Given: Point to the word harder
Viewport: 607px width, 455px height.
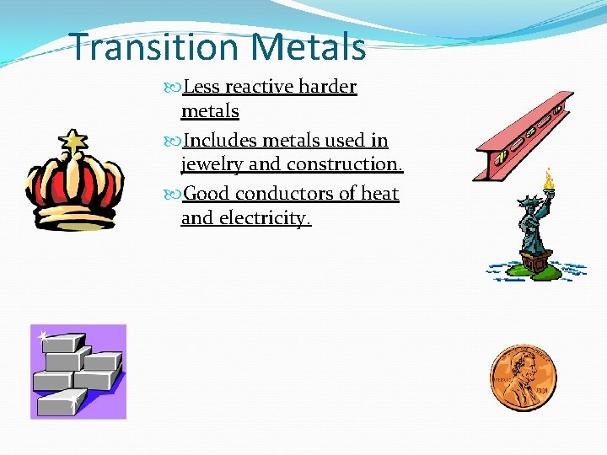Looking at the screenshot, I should point(328,87).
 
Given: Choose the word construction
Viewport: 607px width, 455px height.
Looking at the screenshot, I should point(345,164).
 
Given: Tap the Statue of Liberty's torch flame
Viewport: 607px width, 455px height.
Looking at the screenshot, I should point(549,179).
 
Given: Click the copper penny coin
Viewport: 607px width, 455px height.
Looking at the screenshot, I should point(523,378).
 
